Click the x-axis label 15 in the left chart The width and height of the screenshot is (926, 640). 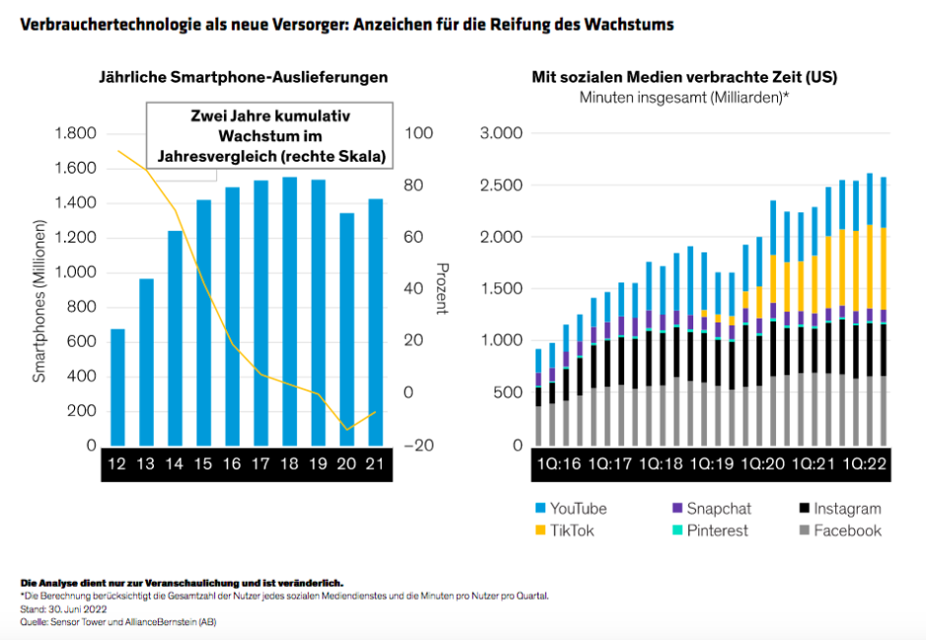(x=204, y=464)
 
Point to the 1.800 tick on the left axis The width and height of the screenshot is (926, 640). (x=75, y=134)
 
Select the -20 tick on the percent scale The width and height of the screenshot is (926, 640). (x=418, y=446)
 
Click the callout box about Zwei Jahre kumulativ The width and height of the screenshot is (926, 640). (x=270, y=135)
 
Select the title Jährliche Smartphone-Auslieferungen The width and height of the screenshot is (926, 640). (x=242, y=77)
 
